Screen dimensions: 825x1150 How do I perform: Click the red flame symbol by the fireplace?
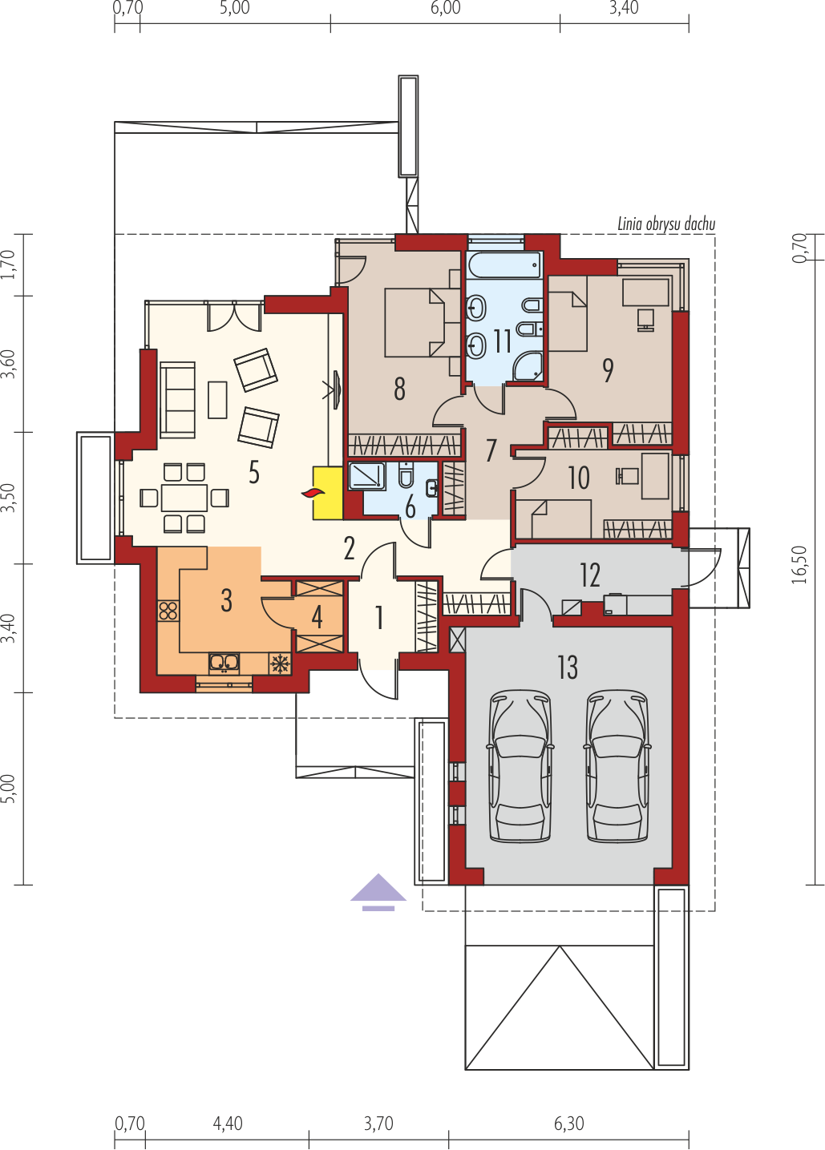pyautogui.click(x=313, y=494)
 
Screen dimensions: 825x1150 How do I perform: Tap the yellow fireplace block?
pyautogui.click(x=328, y=493)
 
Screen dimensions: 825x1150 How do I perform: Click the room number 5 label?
pyautogui.click(x=254, y=472)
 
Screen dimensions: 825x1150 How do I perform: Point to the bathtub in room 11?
pyautogui.click(x=504, y=265)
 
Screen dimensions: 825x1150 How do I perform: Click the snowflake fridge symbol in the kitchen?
pyautogui.click(x=280, y=664)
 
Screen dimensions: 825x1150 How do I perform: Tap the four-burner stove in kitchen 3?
pyautogui.click(x=168, y=611)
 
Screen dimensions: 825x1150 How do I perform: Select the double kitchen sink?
pyautogui.click(x=224, y=664)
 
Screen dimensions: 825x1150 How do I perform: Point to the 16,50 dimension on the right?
pyautogui.click(x=799, y=565)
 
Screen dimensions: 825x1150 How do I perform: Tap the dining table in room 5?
pyautogui.click(x=184, y=498)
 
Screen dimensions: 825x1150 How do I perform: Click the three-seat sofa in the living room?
pyautogui.click(x=177, y=400)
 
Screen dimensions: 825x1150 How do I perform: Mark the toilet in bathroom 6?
pyautogui.click(x=406, y=475)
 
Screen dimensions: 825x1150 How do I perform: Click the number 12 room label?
pyautogui.click(x=590, y=575)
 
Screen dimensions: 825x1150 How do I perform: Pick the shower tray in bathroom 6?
pyautogui.click(x=366, y=476)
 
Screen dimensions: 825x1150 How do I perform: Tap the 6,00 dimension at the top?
pyautogui.click(x=446, y=8)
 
